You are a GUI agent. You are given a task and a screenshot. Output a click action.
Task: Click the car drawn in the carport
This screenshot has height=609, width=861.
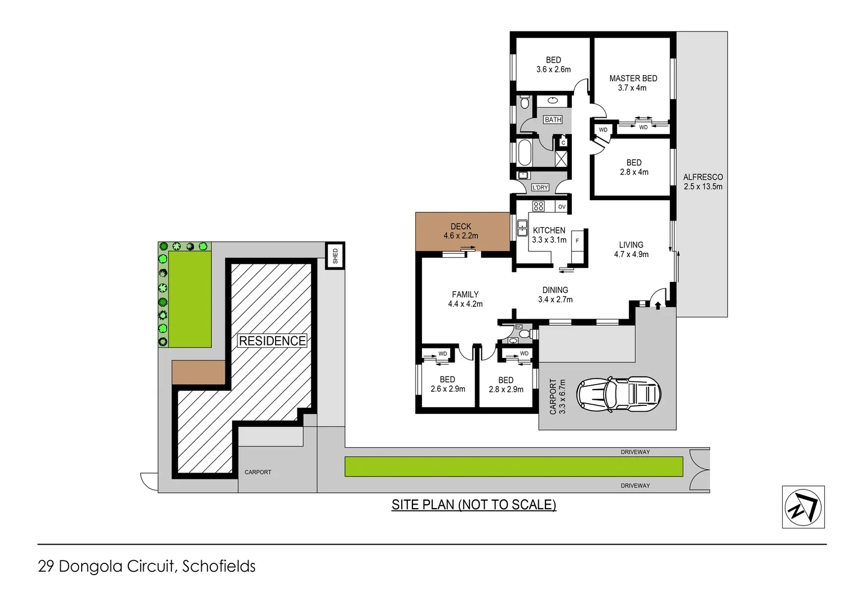(618, 394)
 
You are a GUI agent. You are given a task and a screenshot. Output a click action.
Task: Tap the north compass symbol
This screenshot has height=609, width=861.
(803, 507)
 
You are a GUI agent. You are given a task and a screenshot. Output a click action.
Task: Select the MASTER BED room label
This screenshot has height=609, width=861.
(633, 83)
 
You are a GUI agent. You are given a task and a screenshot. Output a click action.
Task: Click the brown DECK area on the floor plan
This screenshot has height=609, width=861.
(461, 231)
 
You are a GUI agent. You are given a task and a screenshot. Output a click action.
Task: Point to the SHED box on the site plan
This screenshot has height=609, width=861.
(335, 256)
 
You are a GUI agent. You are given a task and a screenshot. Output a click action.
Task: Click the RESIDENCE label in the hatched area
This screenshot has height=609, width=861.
(272, 341)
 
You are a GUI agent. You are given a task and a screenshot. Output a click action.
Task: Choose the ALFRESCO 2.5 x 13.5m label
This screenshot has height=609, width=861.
(703, 182)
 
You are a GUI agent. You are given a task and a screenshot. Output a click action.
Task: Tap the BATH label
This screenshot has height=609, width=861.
(553, 120)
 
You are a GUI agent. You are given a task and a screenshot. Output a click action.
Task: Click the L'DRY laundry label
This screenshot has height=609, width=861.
(540, 187)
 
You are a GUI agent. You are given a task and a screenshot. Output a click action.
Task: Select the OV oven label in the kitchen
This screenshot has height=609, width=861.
(561, 207)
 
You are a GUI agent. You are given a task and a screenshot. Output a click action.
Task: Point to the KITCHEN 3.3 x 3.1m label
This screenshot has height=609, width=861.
(549, 235)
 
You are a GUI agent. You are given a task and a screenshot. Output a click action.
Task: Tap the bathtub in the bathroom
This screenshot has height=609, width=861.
(524, 152)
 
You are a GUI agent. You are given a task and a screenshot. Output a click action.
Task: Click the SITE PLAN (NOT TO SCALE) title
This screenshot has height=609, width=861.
(473, 505)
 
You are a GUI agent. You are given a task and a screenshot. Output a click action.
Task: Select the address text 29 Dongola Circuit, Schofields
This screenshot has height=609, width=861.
(147, 566)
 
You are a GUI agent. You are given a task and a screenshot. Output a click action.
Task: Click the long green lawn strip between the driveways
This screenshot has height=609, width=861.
(513, 467)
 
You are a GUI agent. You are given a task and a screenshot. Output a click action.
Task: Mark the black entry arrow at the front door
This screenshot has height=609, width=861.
(658, 306)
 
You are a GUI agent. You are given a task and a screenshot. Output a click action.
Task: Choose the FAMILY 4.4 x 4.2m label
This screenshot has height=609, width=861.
(465, 299)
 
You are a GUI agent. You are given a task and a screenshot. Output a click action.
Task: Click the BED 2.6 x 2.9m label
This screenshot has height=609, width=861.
(447, 384)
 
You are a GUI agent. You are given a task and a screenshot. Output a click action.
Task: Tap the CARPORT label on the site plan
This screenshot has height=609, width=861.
(258, 472)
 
